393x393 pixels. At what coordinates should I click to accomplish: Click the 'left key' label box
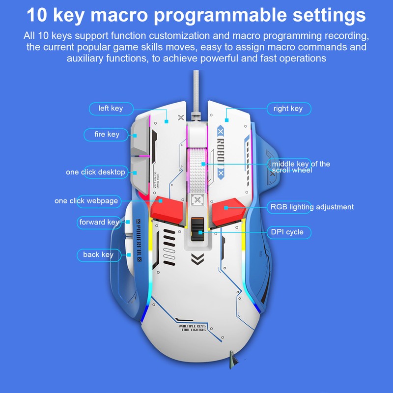click(x=110, y=108)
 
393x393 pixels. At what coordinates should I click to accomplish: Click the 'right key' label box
click(x=288, y=108)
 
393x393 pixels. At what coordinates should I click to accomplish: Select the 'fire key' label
click(x=106, y=134)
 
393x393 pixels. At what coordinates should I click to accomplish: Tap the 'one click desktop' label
click(x=96, y=172)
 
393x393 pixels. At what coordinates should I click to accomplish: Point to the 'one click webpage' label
click(x=86, y=201)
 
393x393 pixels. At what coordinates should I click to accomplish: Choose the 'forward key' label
click(x=99, y=222)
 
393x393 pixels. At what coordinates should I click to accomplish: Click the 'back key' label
click(x=98, y=254)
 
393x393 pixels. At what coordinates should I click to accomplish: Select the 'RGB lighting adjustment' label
click(x=311, y=207)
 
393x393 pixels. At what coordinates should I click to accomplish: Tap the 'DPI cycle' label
click(x=288, y=232)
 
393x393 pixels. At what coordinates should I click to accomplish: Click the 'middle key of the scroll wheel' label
click(x=301, y=167)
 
